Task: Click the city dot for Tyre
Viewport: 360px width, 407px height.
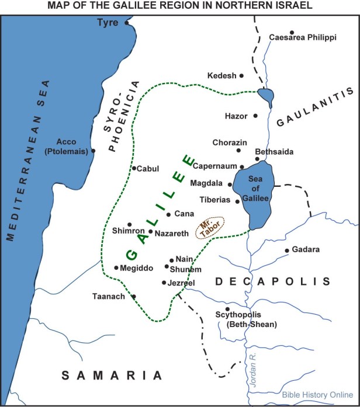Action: [x=127, y=23]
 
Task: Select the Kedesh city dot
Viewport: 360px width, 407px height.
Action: [x=241, y=76]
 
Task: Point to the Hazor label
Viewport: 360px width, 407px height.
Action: [x=236, y=116]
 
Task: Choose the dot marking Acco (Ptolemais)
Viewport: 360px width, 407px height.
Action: [x=93, y=151]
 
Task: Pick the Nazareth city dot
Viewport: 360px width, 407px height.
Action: [x=151, y=232]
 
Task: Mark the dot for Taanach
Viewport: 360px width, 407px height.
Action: [x=134, y=297]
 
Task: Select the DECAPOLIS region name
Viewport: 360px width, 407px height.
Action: [x=273, y=282]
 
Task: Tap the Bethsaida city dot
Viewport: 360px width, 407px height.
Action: [x=257, y=159]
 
